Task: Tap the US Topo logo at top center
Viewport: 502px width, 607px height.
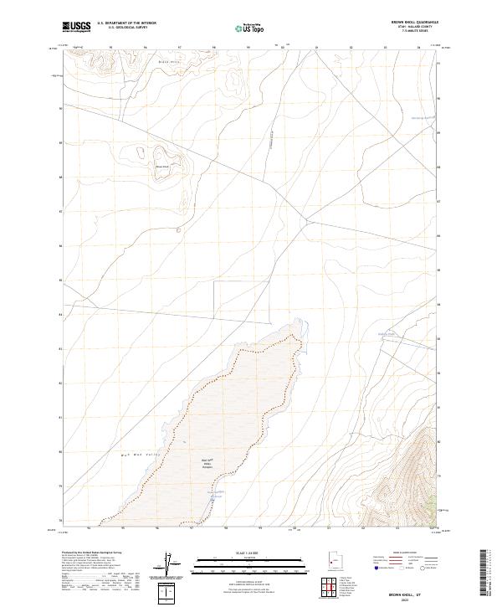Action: pos(250,27)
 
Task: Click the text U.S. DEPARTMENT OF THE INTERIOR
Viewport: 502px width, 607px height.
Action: pos(126,23)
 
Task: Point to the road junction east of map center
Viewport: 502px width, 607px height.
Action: pos(307,220)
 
